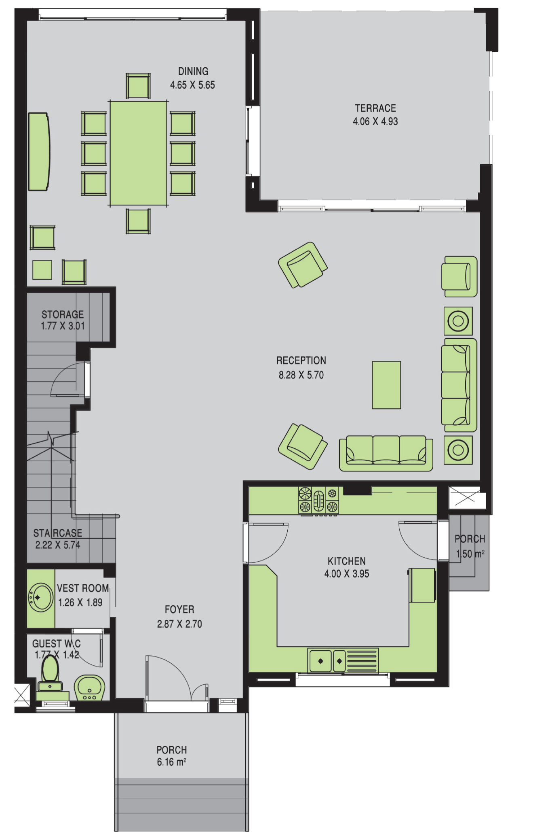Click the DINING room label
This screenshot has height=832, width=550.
tap(193, 71)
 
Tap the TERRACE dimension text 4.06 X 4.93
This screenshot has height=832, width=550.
tap(375, 121)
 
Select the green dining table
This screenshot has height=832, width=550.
tap(138, 153)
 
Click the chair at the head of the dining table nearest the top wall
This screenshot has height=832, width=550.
tap(138, 85)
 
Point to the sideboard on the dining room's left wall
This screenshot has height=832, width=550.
tap(39, 151)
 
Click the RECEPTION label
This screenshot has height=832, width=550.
tap(301, 360)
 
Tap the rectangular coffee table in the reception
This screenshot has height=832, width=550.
tap(386, 385)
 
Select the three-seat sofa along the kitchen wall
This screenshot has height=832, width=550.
tap(386, 453)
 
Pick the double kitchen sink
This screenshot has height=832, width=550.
tap(327, 661)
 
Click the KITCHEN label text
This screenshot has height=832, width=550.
tap(347, 561)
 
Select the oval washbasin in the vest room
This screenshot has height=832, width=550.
tap(40, 597)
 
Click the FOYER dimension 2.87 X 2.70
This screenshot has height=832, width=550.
tap(179, 624)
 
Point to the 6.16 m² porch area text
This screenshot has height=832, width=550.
tap(172, 762)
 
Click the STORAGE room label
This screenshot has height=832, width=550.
tap(63, 314)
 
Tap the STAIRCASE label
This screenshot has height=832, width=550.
tap(57, 533)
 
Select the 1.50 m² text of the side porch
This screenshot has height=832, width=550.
tap(470, 554)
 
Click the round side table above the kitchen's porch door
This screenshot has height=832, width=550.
tap(458, 450)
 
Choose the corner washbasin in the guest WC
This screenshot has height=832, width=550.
tap(90, 688)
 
